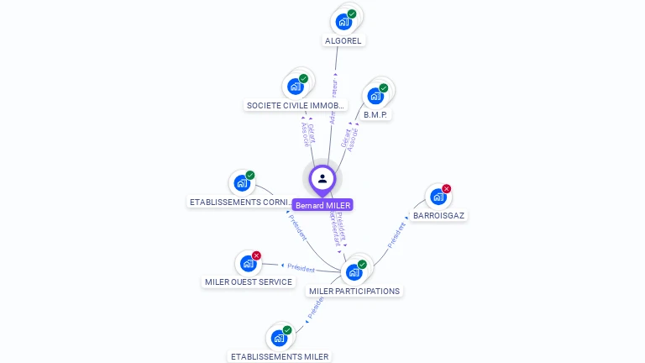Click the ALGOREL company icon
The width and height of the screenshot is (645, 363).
pos(343,21)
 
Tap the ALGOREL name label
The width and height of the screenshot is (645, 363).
pos(344,40)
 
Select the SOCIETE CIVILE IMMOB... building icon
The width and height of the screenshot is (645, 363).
pos(296,86)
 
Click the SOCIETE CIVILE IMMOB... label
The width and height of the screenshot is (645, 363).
pos(296,106)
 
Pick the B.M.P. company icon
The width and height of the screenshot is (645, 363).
pos(375,95)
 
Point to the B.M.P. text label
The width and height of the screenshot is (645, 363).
pos(377,114)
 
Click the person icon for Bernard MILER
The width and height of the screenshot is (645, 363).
pos(322,178)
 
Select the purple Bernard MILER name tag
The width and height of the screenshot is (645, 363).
pos(322,205)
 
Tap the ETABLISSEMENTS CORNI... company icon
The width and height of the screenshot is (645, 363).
pos(242,182)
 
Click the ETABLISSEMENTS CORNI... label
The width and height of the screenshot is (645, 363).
pos(241,203)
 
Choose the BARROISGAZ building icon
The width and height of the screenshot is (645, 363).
pos(438,197)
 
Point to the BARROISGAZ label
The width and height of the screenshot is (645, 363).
pos(438,216)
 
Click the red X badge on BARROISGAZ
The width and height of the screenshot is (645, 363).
pos(447,189)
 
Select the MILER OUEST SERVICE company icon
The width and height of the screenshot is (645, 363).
pos(248,263)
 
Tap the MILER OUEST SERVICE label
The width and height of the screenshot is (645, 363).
pos(249,282)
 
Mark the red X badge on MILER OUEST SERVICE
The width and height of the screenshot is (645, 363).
pos(257,255)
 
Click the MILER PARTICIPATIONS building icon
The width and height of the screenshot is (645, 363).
pos(354,271)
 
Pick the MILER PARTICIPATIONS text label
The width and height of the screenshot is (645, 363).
pos(354,292)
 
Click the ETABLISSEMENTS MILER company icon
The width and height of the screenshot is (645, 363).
pos(279,338)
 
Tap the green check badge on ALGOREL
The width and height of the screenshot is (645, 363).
pos(353,13)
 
